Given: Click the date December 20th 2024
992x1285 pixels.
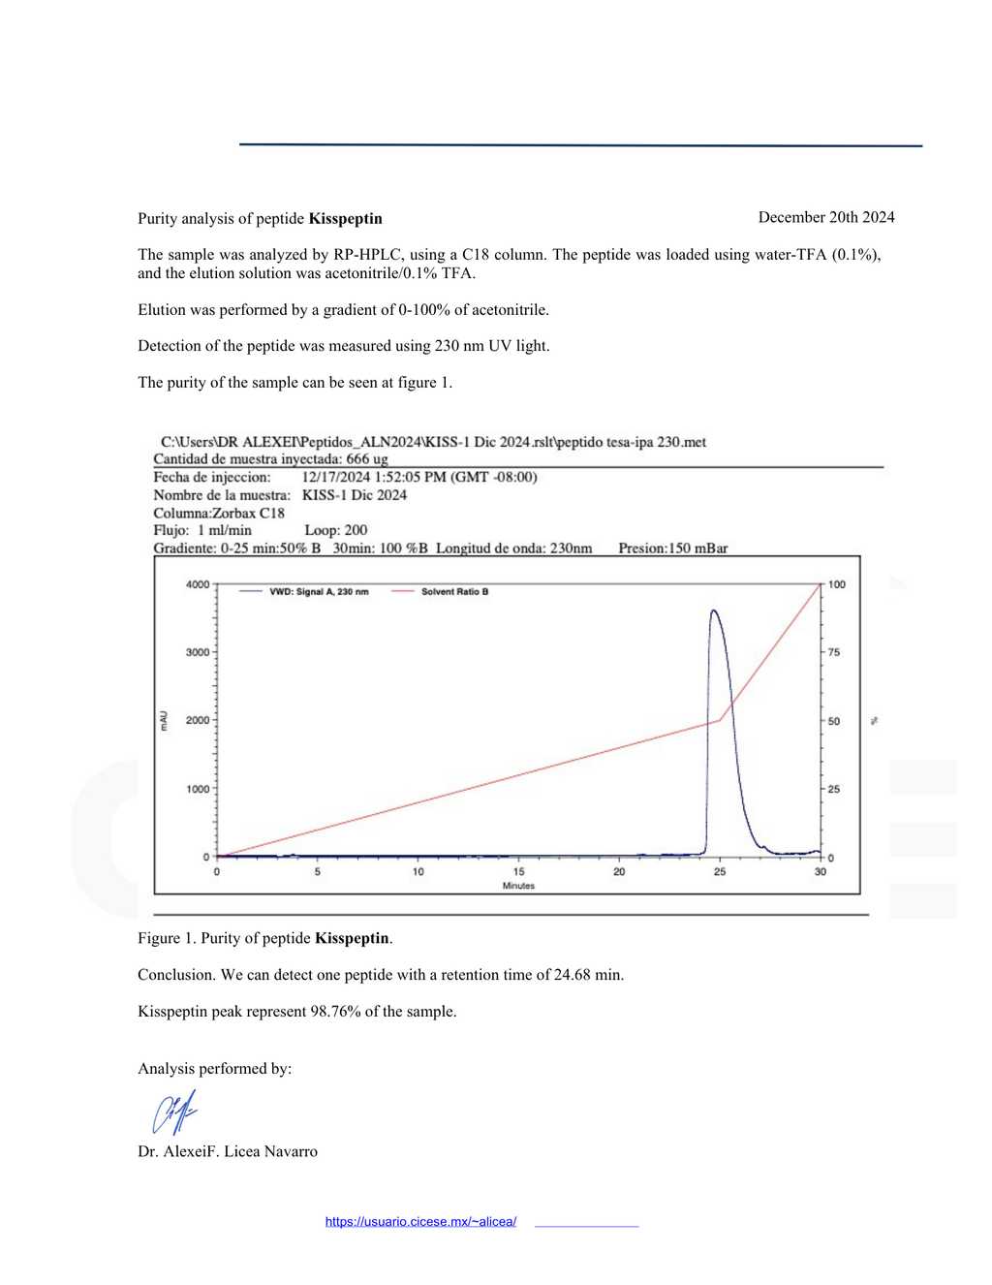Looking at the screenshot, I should pyautogui.click(x=825, y=217).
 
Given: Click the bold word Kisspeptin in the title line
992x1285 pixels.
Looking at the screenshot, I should pyautogui.click(x=345, y=218).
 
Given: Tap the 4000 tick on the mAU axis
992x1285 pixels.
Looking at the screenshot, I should pyautogui.click(x=197, y=584).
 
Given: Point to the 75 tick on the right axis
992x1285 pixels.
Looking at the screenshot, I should pyautogui.click(x=833, y=652).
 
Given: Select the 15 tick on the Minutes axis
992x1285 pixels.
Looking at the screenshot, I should pyautogui.click(x=518, y=871).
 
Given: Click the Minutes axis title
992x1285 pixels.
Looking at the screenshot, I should pyautogui.click(x=518, y=886).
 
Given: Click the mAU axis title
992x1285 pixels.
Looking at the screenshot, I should pyautogui.click(x=164, y=720).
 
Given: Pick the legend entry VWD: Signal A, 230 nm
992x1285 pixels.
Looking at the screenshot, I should pyautogui.click(x=318, y=591).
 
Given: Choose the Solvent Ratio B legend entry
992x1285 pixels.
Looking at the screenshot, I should pyautogui.click(x=454, y=591).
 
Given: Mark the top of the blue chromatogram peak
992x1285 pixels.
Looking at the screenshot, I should pyautogui.click(x=714, y=611).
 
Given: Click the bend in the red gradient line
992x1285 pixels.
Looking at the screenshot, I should pyautogui.click(x=720, y=720).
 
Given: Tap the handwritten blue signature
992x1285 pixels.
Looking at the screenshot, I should pyautogui.click(x=174, y=1112).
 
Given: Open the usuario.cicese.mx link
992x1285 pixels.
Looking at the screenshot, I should pyautogui.click(x=420, y=1221).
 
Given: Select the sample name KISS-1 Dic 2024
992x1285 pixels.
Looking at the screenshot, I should pyautogui.click(x=354, y=495).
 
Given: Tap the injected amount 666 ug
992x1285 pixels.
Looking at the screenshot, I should pyautogui.click(x=366, y=458).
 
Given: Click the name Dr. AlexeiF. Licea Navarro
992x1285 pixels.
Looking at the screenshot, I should pyautogui.click(x=228, y=1151).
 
